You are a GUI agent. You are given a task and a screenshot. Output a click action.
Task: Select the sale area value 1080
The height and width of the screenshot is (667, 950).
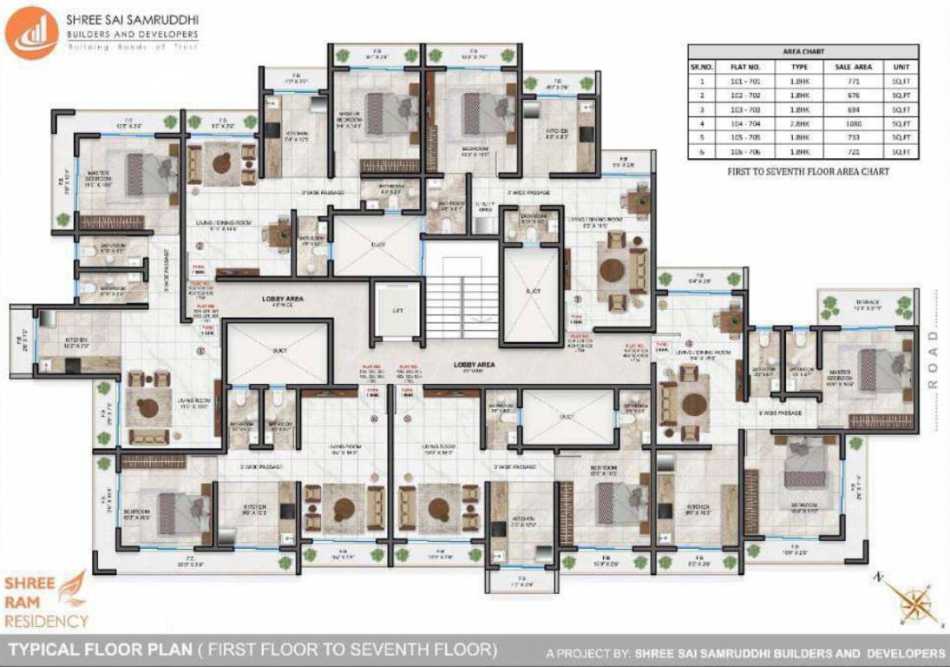tap(841, 123)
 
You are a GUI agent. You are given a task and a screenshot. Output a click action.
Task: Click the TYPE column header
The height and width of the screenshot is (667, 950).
tap(799, 66)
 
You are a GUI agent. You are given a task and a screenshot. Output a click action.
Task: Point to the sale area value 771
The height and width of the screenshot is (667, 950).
tap(841, 81)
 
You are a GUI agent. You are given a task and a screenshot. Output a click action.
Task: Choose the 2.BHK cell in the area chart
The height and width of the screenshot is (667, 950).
tap(799, 123)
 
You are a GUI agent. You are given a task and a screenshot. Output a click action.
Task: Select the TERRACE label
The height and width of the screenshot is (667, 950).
tap(868, 303)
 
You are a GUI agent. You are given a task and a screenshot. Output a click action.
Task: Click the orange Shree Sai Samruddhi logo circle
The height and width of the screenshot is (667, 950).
tap(31, 32)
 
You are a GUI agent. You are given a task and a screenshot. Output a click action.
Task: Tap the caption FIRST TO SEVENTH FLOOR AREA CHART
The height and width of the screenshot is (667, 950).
tap(808, 172)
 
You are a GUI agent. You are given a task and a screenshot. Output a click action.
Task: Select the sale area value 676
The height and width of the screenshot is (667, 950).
tap(841, 95)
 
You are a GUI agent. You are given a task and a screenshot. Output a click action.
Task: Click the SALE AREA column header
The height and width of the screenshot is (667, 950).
tap(841, 66)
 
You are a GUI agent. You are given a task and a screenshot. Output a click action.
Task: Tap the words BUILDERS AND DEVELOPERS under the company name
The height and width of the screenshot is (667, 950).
tap(132, 35)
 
